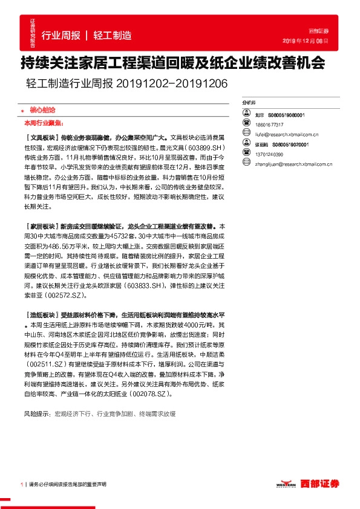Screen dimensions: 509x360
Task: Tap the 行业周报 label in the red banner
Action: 61,35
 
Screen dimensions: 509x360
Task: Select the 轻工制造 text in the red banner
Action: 113,35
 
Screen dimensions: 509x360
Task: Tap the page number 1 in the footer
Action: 22,484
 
